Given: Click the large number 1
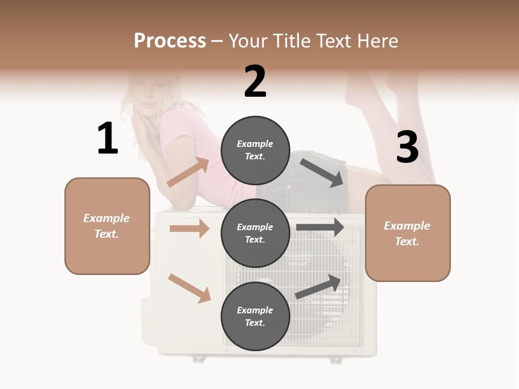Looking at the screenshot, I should click(108, 138).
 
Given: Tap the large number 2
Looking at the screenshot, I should click(255, 82).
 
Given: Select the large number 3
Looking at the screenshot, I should click(407, 147).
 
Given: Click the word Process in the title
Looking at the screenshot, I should click(170, 41).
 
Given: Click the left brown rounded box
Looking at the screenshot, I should click(107, 226).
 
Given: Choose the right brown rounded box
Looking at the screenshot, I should click(408, 233).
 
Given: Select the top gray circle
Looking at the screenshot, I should click(255, 150).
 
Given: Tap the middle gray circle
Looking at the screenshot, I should click(255, 233).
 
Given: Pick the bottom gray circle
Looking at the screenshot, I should click(255, 316).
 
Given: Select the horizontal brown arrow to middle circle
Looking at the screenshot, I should click(189, 229).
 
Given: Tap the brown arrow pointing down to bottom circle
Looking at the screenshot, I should click(189, 288).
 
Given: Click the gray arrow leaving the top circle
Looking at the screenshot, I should click(323, 173).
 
